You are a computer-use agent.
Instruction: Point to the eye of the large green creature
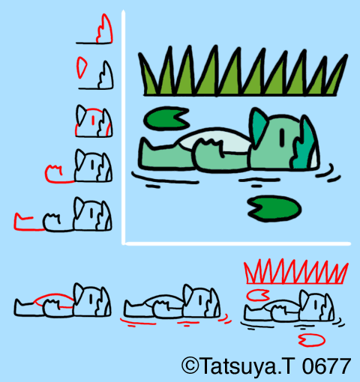[x=281, y=136]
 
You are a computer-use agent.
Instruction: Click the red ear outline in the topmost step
[x=104, y=29]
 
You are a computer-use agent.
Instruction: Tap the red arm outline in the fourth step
[x=55, y=173]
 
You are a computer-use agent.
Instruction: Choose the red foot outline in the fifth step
[x=24, y=221]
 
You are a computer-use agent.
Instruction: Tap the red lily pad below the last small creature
[x=307, y=341]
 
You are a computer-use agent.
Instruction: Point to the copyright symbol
[x=190, y=366]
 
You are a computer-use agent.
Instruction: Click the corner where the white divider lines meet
[x=125, y=243]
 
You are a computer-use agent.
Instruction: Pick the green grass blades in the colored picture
[x=244, y=75]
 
